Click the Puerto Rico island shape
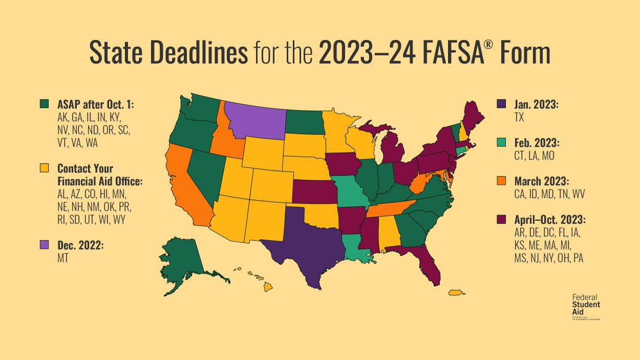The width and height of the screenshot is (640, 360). [455, 292]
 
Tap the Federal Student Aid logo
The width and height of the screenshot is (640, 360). [585, 307]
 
